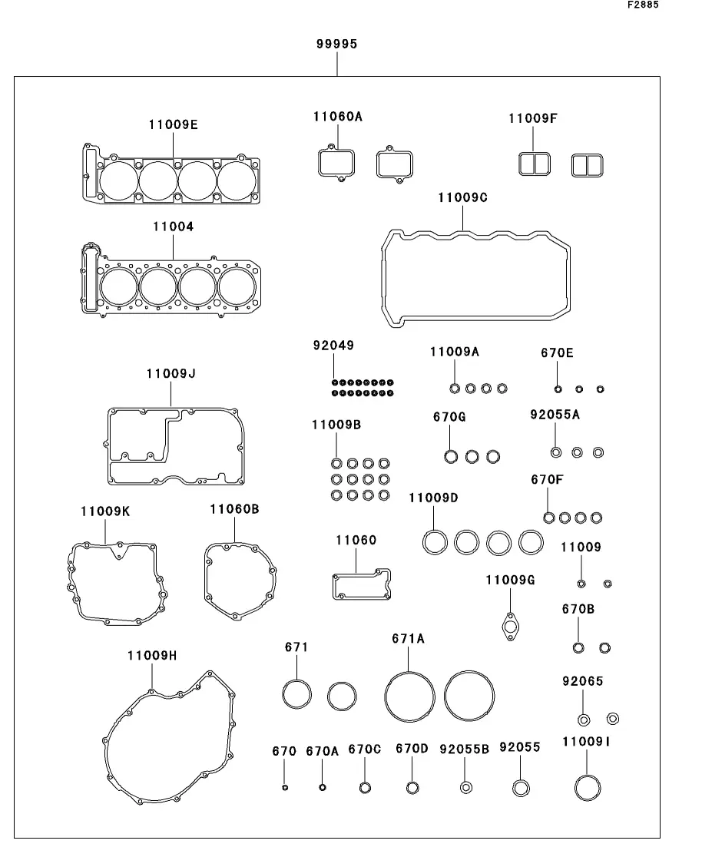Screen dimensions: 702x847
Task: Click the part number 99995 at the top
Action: (336, 44)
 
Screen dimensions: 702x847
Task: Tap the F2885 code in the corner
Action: (643, 5)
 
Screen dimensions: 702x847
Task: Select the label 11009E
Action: (173, 124)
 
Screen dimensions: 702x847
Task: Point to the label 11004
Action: (173, 227)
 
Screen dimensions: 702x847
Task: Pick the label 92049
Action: (333, 346)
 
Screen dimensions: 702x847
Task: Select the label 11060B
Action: (234, 509)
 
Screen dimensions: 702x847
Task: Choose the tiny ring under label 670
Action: (285, 788)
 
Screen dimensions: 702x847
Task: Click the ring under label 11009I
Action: (588, 776)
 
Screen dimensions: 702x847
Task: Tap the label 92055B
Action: (464, 749)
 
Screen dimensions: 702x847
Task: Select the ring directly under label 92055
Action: (521, 781)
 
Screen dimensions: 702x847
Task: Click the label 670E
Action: (557, 353)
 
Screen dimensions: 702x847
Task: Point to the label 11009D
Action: (433, 498)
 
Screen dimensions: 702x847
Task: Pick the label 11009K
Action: (105, 511)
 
